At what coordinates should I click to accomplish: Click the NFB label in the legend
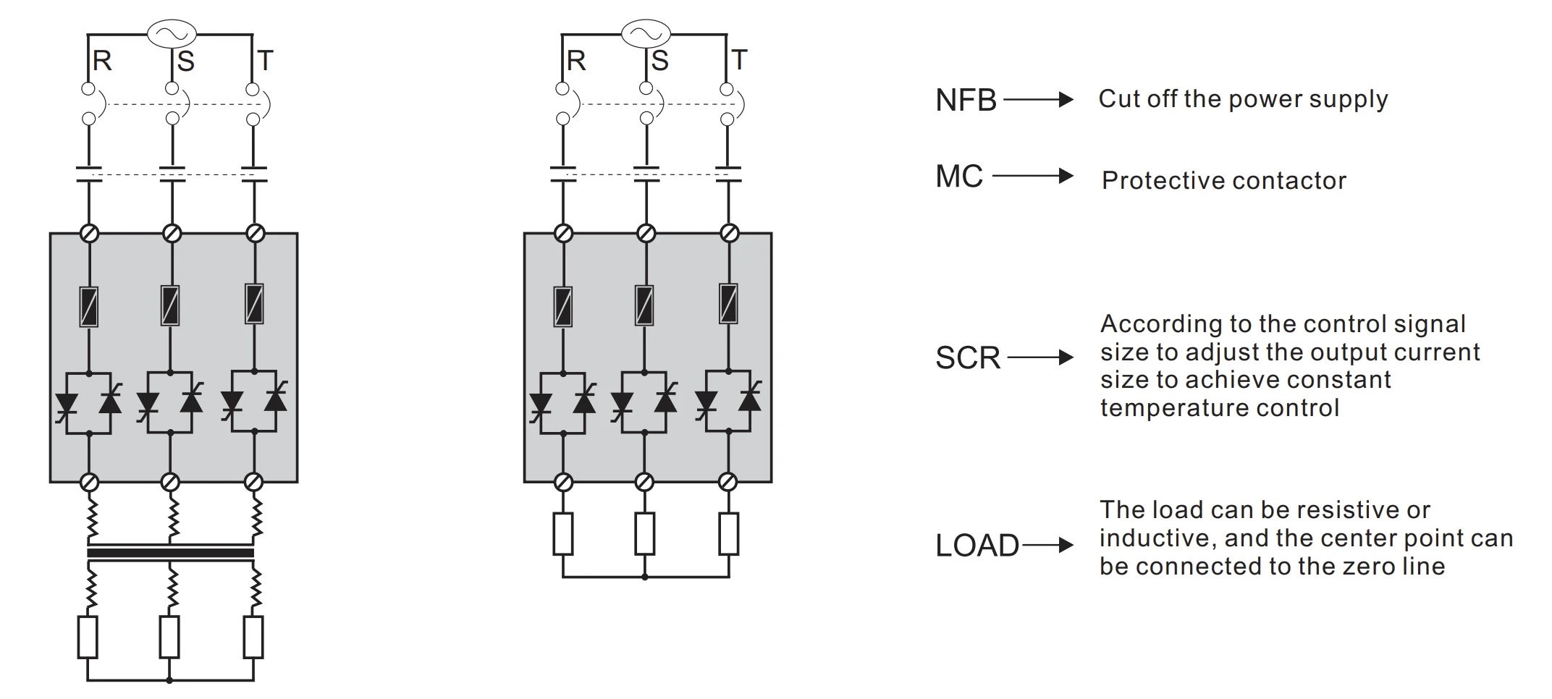pos(966,101)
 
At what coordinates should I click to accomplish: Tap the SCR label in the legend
pos(968,358)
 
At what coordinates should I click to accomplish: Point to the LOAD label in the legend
pos(977,546)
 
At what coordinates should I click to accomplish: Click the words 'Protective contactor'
pos(1223,181)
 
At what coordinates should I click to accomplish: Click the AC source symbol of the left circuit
pos(172,33)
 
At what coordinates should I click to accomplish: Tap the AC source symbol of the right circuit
pos(646,33)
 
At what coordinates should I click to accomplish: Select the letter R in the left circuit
pos(102,61)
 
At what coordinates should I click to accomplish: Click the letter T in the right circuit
pos(739,61)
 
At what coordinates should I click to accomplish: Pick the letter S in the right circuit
pos(659,61)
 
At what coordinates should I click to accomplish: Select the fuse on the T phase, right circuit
pos(729,303)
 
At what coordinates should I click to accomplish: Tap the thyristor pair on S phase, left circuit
pos(170,402)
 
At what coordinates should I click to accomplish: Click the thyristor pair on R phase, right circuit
pos(562,402)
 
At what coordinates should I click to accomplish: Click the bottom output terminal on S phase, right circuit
pos(644,482)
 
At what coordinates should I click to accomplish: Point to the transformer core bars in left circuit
pos(170,553)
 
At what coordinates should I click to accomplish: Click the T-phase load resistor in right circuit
pos(729,534)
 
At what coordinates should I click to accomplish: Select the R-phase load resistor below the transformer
pos(88,637)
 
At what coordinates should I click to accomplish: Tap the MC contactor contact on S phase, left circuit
pos(172,174)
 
